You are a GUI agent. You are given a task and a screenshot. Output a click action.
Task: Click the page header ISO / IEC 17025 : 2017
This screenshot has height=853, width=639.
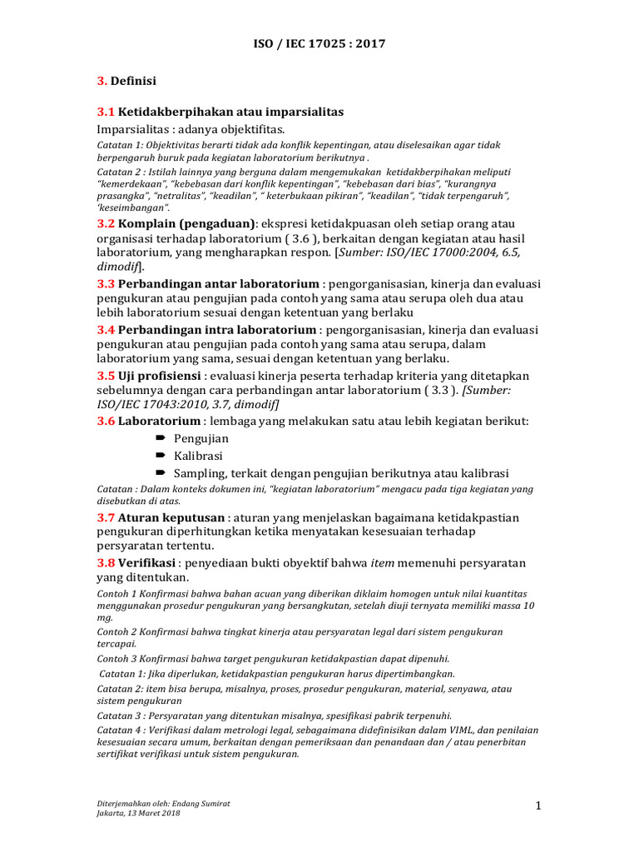(319, 43)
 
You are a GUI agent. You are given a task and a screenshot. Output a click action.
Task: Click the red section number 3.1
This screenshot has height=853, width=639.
(106, 112)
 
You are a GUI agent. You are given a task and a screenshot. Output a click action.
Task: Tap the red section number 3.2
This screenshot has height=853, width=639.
(106, 224)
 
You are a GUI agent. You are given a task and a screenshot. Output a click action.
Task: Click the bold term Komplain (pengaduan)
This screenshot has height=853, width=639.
(187, 224)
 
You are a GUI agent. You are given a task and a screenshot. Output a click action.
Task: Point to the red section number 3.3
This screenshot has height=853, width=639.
(106, 283)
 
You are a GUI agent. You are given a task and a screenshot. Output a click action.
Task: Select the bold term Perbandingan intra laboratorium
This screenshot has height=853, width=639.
(218, 330)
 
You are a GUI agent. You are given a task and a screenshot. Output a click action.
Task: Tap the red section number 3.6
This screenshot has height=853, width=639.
(106, 422)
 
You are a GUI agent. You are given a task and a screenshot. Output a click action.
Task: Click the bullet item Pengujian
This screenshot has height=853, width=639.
(201, 439)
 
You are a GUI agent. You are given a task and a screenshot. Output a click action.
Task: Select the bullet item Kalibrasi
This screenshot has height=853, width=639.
(199, 456)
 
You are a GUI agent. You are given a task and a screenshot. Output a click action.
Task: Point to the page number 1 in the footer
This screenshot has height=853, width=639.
(538, 806)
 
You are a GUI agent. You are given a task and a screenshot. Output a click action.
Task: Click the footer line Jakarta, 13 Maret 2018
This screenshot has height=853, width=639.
(138, 813)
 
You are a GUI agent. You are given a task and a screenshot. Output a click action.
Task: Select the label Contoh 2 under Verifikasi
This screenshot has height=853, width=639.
(119, 632)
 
